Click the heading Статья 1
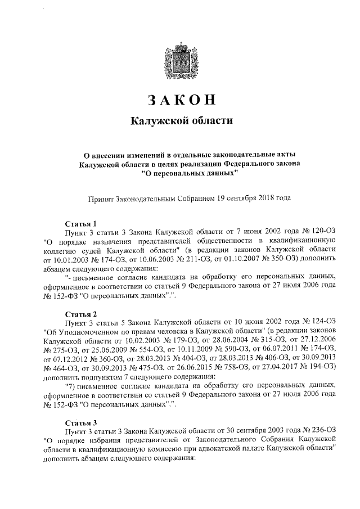(x=82, y=223)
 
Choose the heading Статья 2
(x=82, y=313)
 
